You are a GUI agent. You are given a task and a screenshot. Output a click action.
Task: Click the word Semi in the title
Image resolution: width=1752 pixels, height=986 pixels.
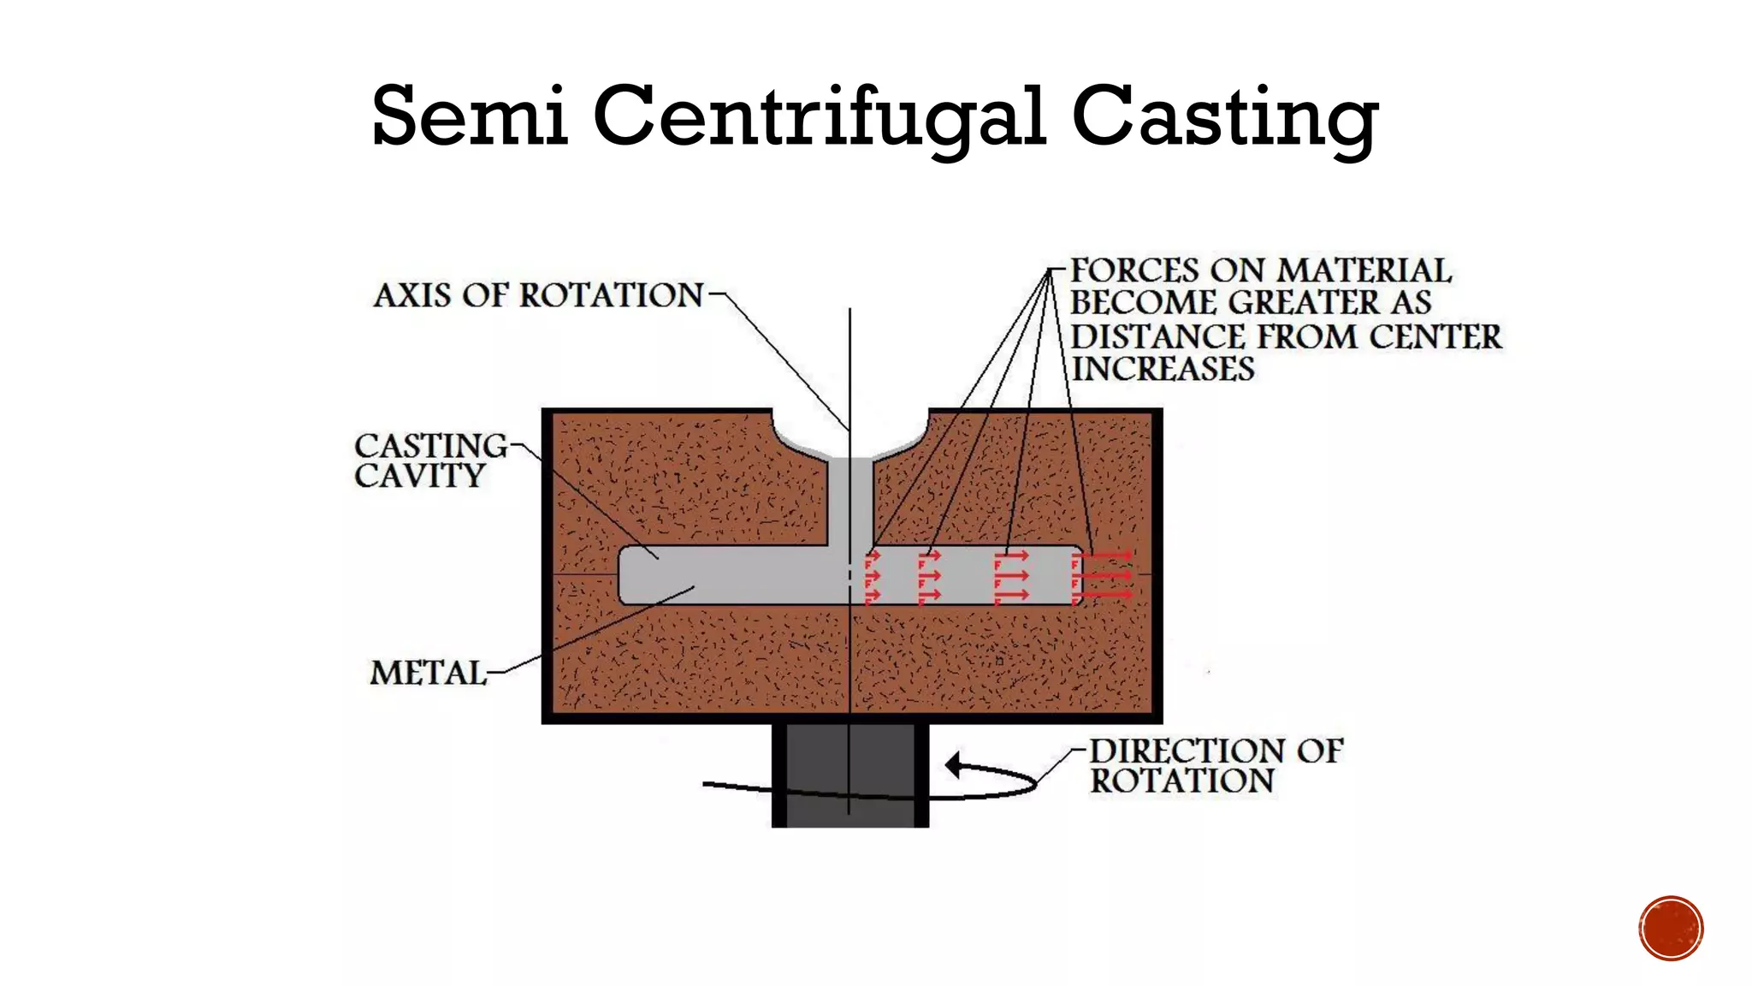[470, 116]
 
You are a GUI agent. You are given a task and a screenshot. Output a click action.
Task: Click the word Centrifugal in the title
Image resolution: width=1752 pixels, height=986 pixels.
[819, 116]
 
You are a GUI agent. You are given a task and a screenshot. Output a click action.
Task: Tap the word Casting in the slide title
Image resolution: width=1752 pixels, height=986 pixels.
[1224, 116]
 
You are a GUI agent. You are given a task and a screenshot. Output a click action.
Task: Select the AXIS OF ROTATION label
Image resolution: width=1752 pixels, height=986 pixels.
[539, 295]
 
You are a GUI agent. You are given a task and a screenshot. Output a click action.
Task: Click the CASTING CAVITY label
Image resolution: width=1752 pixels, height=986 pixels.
[430, 460]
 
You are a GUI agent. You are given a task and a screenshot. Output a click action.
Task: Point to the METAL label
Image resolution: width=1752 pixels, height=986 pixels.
[428, 673]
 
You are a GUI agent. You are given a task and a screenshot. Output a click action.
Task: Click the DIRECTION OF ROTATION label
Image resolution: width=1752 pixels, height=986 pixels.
[1215, 766]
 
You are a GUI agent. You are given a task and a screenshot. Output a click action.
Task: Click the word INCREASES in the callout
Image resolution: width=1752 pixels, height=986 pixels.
[1163, 369]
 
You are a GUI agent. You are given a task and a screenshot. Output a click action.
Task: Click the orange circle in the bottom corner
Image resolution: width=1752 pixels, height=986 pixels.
[1671, 928]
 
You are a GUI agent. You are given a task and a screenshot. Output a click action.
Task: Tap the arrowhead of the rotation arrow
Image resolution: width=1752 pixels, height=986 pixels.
[953, 764]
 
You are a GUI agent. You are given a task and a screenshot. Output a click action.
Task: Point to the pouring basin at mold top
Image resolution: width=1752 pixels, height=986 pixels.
[850, 437]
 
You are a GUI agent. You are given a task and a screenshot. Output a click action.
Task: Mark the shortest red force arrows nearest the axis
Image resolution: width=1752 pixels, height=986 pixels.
[873, 576]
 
